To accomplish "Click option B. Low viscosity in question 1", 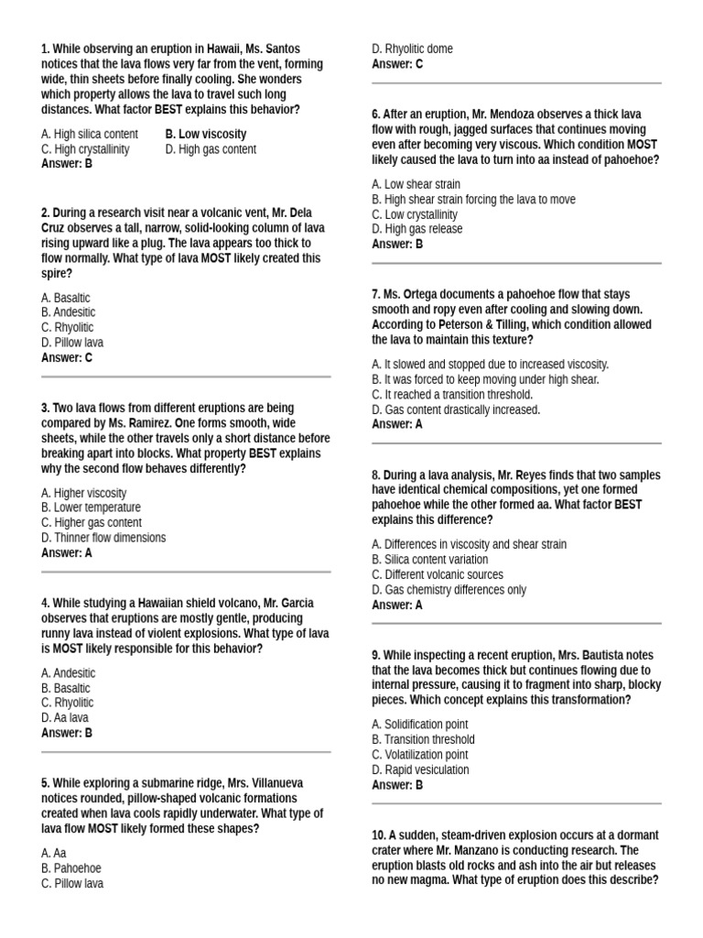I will click(x=206, y=134).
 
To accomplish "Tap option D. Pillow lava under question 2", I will click(x=72, y=343).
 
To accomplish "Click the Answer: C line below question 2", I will click(x=67, y=357).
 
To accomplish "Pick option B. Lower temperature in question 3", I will click(x=91, y=507).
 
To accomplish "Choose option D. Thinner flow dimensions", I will click(x=103, y=538).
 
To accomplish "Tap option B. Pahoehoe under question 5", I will click(x=71, y=867).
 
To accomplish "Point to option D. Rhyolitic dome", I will click(x=412, y=49).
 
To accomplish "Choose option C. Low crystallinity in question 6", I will click(x=415, y=214).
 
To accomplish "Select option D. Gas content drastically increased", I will click(x=456, y=409).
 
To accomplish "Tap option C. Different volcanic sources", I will click(x=438, y=574).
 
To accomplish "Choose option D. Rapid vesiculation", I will click(x=420, y=769).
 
